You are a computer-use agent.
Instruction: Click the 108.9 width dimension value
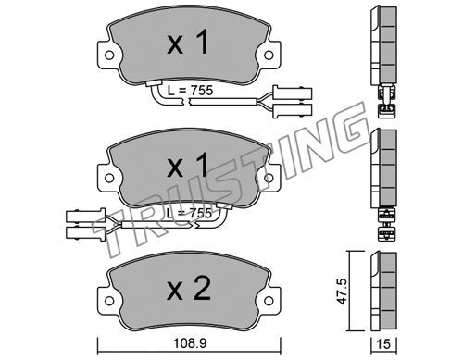190,343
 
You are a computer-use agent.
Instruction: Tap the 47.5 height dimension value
342,292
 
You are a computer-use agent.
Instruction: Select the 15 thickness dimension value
383,343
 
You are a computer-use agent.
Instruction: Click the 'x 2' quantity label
189,288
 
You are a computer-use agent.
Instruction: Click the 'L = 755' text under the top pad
190,91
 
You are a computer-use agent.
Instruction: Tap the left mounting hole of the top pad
109,56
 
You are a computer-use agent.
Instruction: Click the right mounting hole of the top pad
269,56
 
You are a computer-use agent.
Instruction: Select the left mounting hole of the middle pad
109,178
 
